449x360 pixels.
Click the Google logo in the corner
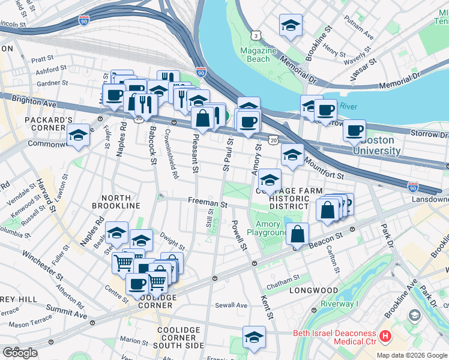tap(20, 353)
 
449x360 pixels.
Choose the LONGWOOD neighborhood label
tap(313, 290)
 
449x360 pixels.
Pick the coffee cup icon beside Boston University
tap(355, 130)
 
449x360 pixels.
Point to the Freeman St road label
tap(208, 204)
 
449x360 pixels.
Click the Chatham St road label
tap(285, 279)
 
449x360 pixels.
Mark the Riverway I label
tap(355, 304)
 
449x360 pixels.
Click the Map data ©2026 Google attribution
tap(412, 355)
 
